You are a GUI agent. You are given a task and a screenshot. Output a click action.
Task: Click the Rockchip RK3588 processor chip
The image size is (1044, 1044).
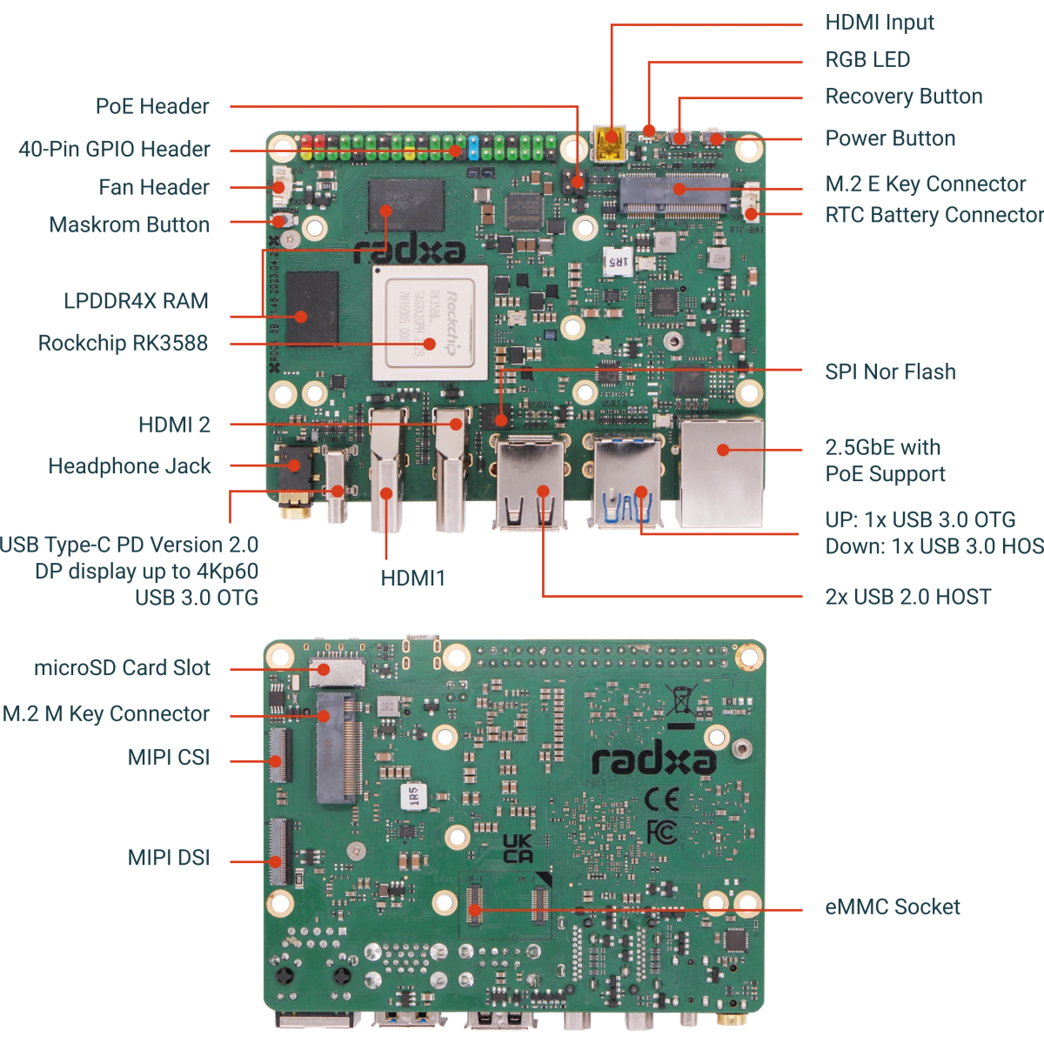pyautogui.click(x=430, y=323)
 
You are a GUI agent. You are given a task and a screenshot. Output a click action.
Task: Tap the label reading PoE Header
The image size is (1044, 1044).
pyautogui.click(x=152, y=106)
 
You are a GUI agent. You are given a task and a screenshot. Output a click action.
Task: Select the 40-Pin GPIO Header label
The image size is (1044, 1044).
pyautogui.click(x=114, y=149)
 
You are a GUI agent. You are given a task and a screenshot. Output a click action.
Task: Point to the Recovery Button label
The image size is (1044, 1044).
pyautogui.click(x=903, y=97)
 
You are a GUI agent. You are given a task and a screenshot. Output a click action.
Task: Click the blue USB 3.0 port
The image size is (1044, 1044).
pyautogui.click(x=628, y=484)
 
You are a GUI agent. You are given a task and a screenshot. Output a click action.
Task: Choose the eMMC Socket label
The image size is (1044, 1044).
pyautogui.click(x=893, y=907)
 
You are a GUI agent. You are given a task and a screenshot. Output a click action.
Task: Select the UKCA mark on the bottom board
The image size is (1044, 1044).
pyautogui.click(x=519, y=849)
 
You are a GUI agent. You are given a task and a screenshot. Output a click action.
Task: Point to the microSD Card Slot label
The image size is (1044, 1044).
pyautogui.click(x=122, y=668)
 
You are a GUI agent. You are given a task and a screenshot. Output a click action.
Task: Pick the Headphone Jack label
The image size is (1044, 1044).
pyautogui.click(x=130, y=466)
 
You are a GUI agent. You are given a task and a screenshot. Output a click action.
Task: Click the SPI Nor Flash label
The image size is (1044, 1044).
pyautogui.click(x=890, y=371)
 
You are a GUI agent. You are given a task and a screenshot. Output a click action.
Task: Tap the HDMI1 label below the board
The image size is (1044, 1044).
pyautogui.click(x=412, y=579)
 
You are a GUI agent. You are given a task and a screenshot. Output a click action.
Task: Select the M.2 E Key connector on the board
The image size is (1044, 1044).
pyautogui.click(x=674, y=193)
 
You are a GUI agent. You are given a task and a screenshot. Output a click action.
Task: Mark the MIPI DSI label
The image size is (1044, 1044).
pyautogui.click(x=169, y=858)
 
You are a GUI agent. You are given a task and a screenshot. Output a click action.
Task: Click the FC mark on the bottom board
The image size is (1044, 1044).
pyautogui.click(x=661, y=833)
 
